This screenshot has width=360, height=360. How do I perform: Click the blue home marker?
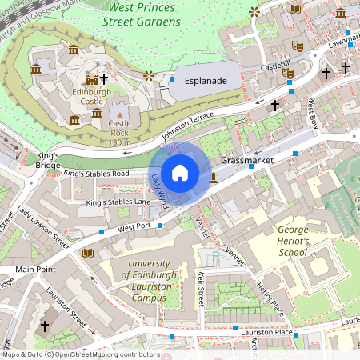180,172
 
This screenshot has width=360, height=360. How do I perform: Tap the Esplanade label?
206,82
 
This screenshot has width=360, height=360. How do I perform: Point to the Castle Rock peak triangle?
119,116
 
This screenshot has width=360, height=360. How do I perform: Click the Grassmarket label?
247,161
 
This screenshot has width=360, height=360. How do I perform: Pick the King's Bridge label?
48,160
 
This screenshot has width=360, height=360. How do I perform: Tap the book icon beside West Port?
87,253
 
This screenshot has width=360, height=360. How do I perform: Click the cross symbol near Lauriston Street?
45,326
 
